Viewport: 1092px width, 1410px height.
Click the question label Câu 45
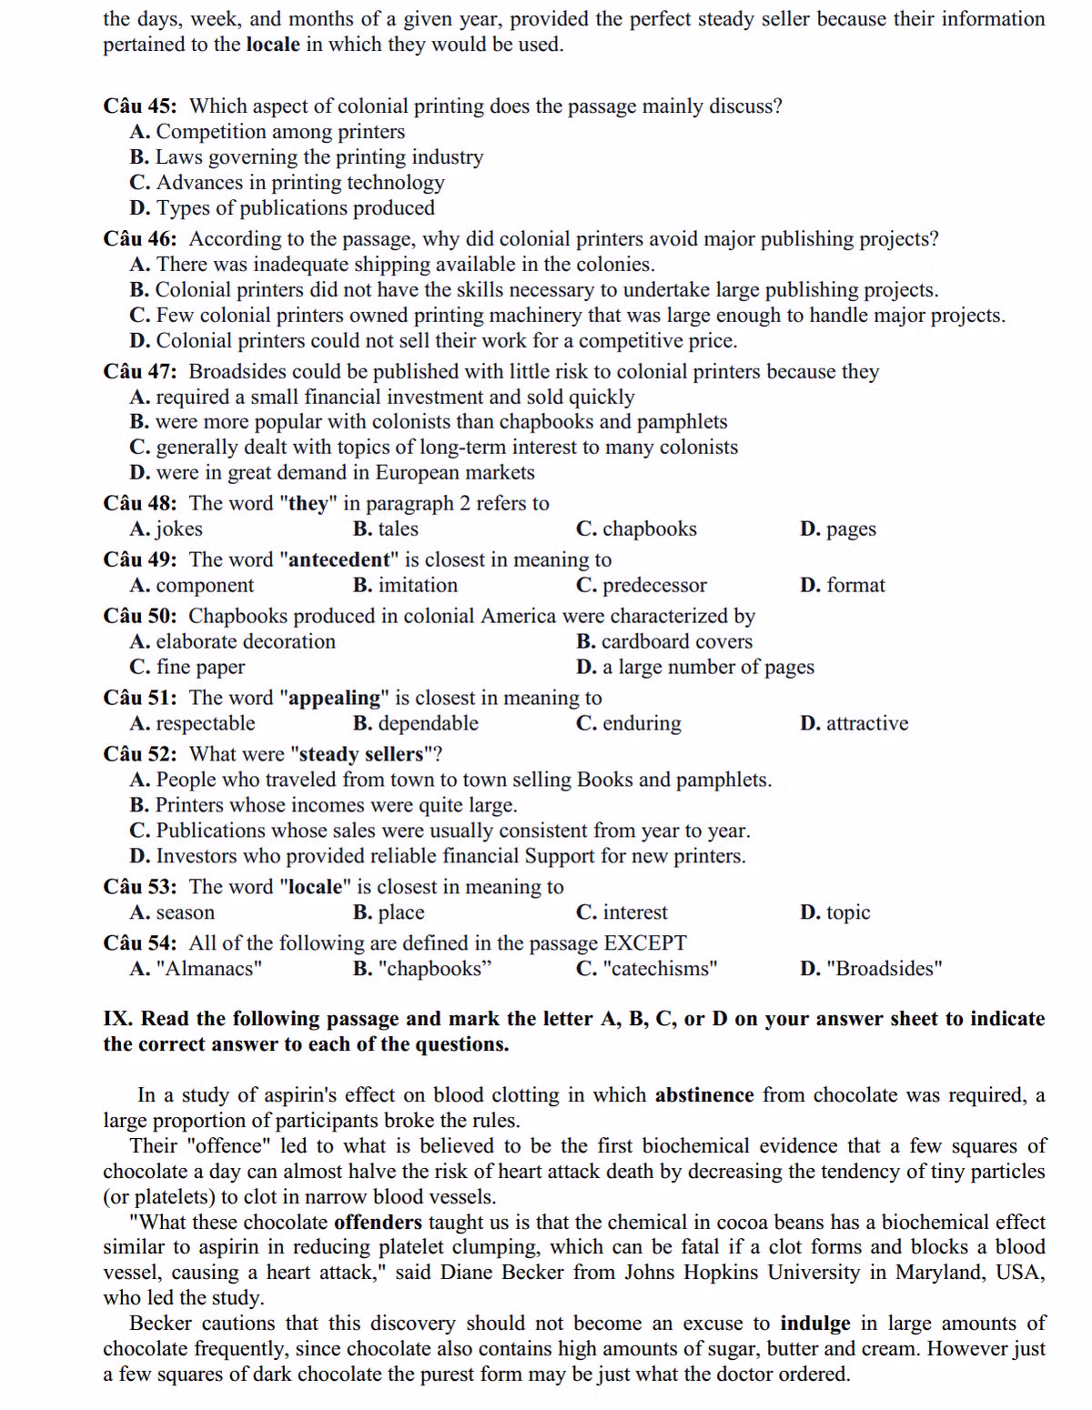[139, 106]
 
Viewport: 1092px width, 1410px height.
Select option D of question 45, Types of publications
[282, 208]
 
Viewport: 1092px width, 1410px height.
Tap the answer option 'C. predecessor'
[641, 585]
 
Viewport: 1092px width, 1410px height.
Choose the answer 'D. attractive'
[854, 723]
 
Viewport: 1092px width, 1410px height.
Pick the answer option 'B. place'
[389, 912]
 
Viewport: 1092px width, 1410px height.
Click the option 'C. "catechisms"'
[646, 969]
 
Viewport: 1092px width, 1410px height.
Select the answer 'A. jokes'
[166, 529]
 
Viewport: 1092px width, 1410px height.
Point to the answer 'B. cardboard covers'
[664, 641]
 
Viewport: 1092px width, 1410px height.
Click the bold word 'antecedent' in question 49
[339, 559]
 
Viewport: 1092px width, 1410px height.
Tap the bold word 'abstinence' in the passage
[704, 1095]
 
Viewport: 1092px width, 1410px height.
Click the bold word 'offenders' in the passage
[378, 1223]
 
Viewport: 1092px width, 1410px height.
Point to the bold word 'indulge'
[814, 1324]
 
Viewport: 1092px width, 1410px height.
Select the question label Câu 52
[139, 754]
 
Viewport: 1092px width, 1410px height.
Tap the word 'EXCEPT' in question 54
[645, 943]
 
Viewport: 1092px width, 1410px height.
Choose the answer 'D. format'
[842, 585]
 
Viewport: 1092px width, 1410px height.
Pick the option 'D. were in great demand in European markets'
[332, 472]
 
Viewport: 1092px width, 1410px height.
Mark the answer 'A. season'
[172, 912]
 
